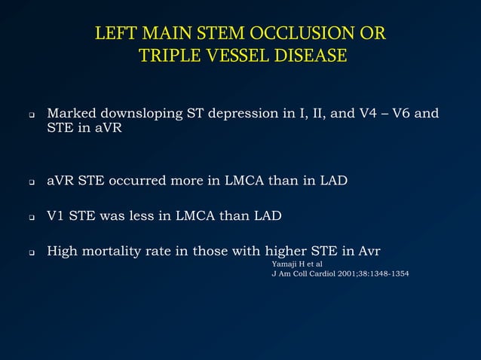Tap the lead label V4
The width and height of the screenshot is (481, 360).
pos(367,114)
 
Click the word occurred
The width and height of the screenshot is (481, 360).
pos(136,181)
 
